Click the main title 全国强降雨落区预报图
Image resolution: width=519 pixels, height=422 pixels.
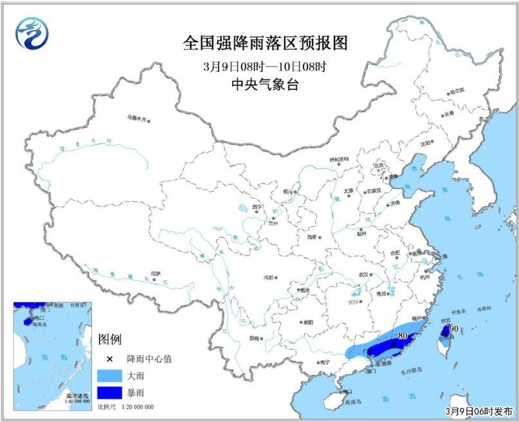pyautogui.click(x=265, y=43)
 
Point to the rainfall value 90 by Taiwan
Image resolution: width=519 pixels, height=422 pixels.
pyautogui.click(x=453, y=329)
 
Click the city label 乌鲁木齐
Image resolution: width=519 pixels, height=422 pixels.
pyautogui.click(x=136, y=118)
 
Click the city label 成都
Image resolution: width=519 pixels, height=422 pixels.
pyautogui.click(x=266, y=277)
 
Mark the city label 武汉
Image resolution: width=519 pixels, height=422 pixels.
pyautogui.click(x=364, y=274)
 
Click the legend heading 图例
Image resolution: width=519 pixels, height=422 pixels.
pyautogui.click(x=109, y=339)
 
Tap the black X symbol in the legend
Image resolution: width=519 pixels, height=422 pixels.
pyautogui.click(x=109, y=359)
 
